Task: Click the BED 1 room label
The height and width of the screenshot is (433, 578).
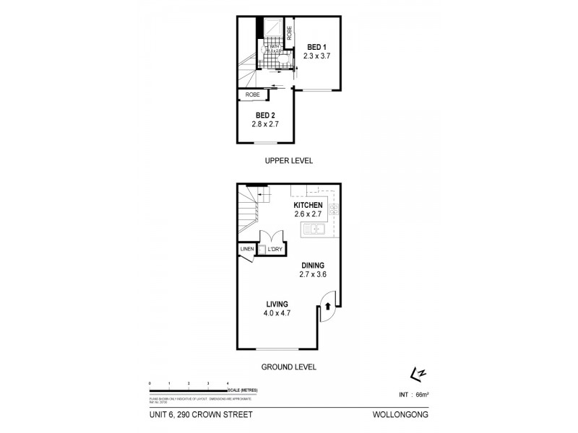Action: pyautogui.click(x=316, y=47)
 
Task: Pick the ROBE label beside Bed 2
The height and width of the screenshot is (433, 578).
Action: pyautogui.click(x=252, y=95)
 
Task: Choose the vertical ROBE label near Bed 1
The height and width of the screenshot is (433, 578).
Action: pyautogui.click(x=289, y=33)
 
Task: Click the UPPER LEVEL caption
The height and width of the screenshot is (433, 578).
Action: pyautogui.click(x=288, y=161)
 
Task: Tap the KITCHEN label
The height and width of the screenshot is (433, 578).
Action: pyautogui.click(x=308, y=204)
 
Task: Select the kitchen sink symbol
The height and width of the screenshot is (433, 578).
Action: pyautogui.click(x=314, y=230)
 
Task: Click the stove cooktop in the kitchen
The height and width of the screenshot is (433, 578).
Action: pyautogui.click(x=335, y=210)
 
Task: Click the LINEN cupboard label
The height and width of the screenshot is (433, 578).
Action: pyautogui.click(x=246, y=250)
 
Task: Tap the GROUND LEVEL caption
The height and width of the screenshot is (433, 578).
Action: pyautogui.click(x=289, y=367)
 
